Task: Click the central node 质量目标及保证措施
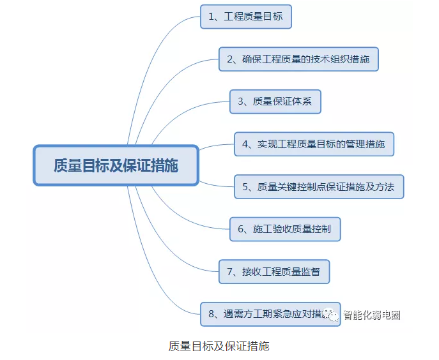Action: pos(116,165)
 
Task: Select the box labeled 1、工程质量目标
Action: pos(246,17)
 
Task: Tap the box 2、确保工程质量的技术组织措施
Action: pos(298,59)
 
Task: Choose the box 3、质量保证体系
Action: pos(275,101)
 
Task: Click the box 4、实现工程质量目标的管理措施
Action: pos(314,144)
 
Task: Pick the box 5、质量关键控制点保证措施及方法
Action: pos(318,186)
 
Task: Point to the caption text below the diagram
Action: pos(219,346)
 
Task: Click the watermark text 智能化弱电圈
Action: pos(372,315)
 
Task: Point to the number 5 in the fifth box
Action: pos(245,187)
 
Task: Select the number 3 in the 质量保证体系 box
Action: pos(241,101)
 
